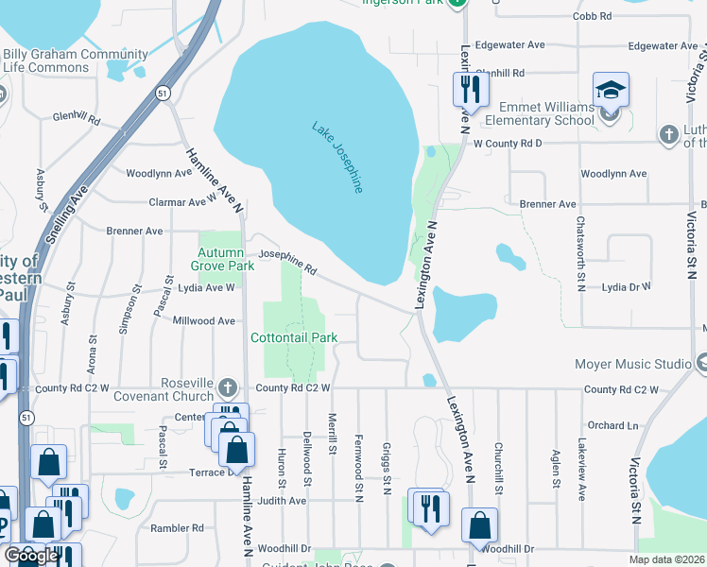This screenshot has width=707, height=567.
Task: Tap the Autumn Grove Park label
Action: [226, 259]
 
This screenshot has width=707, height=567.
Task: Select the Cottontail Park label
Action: [294, 337]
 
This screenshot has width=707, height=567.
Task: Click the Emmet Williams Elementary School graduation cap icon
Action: [611, 91]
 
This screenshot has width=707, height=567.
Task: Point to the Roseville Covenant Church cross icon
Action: [227, 387]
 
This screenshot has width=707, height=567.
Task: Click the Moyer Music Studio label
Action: [633, 364]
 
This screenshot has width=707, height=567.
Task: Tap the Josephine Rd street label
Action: [288, 261]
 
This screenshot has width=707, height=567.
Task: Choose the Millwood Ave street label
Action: [203, 321]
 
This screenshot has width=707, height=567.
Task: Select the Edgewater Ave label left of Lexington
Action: [510, 45]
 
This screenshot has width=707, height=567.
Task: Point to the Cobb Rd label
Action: [592, 17]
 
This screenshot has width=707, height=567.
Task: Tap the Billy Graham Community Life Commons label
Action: [61, 61]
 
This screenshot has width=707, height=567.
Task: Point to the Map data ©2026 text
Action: [667, 559]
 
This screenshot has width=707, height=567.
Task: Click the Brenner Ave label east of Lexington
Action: [553, 204]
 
